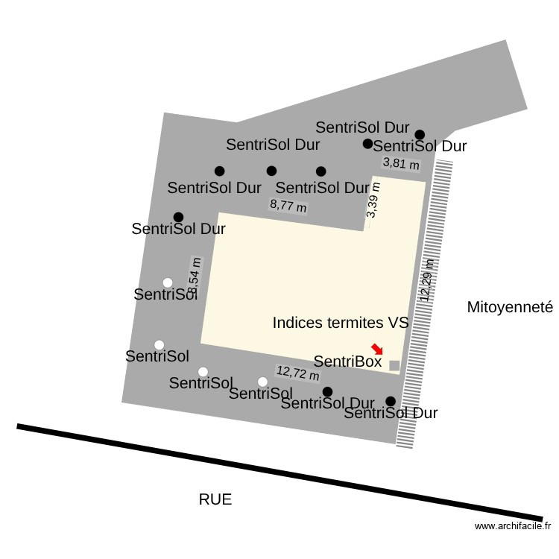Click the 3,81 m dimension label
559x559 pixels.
401,162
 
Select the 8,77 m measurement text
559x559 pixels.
288,205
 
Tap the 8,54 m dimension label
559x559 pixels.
195,276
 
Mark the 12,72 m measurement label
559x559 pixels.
297,373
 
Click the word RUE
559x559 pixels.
215,499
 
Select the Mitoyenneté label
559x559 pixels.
510,307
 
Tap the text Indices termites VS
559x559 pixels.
341,323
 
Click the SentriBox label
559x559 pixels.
347,362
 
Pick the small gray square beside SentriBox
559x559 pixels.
394,365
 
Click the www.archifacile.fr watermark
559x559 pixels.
512,526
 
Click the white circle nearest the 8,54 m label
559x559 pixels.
168,282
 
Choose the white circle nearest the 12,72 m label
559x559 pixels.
262,382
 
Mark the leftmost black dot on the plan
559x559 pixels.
178,217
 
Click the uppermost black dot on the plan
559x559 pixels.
420,134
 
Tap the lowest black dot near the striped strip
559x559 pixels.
391,401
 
